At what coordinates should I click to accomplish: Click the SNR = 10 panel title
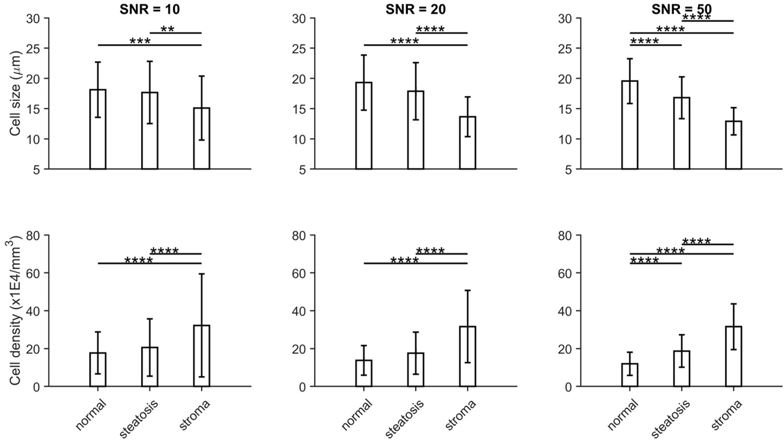(149, 9)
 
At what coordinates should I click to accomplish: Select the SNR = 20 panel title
(415, 9)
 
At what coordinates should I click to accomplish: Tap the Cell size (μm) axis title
(15, 94)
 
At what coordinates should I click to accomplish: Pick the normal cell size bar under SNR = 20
(364, 125)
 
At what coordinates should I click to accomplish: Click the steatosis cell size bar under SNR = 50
(682, 133)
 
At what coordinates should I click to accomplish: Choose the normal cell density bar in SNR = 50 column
(630, 375)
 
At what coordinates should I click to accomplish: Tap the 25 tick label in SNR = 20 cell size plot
(300, 49)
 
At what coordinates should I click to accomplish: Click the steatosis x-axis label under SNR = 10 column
(139, 418)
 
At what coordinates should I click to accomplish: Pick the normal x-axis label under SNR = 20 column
(356, 414)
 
